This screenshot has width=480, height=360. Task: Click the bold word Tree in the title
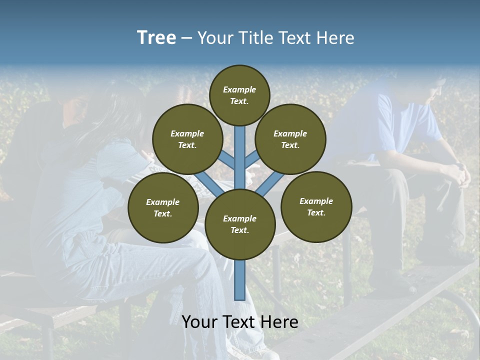pos(156,38)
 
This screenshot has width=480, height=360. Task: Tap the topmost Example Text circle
pos(239,95)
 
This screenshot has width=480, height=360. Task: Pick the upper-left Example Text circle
pos(187,139)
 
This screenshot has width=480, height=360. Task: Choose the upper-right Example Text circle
pos(290,139)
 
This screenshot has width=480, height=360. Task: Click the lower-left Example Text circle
pos(163,208)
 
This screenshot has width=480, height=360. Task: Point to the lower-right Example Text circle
pos(316,207)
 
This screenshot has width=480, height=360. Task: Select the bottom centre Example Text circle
pos(240,224)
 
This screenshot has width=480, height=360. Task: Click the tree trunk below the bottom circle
pos(240,280)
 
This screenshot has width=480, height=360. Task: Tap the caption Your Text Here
pos(240,322)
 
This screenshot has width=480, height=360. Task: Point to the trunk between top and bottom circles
pos(240,155)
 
